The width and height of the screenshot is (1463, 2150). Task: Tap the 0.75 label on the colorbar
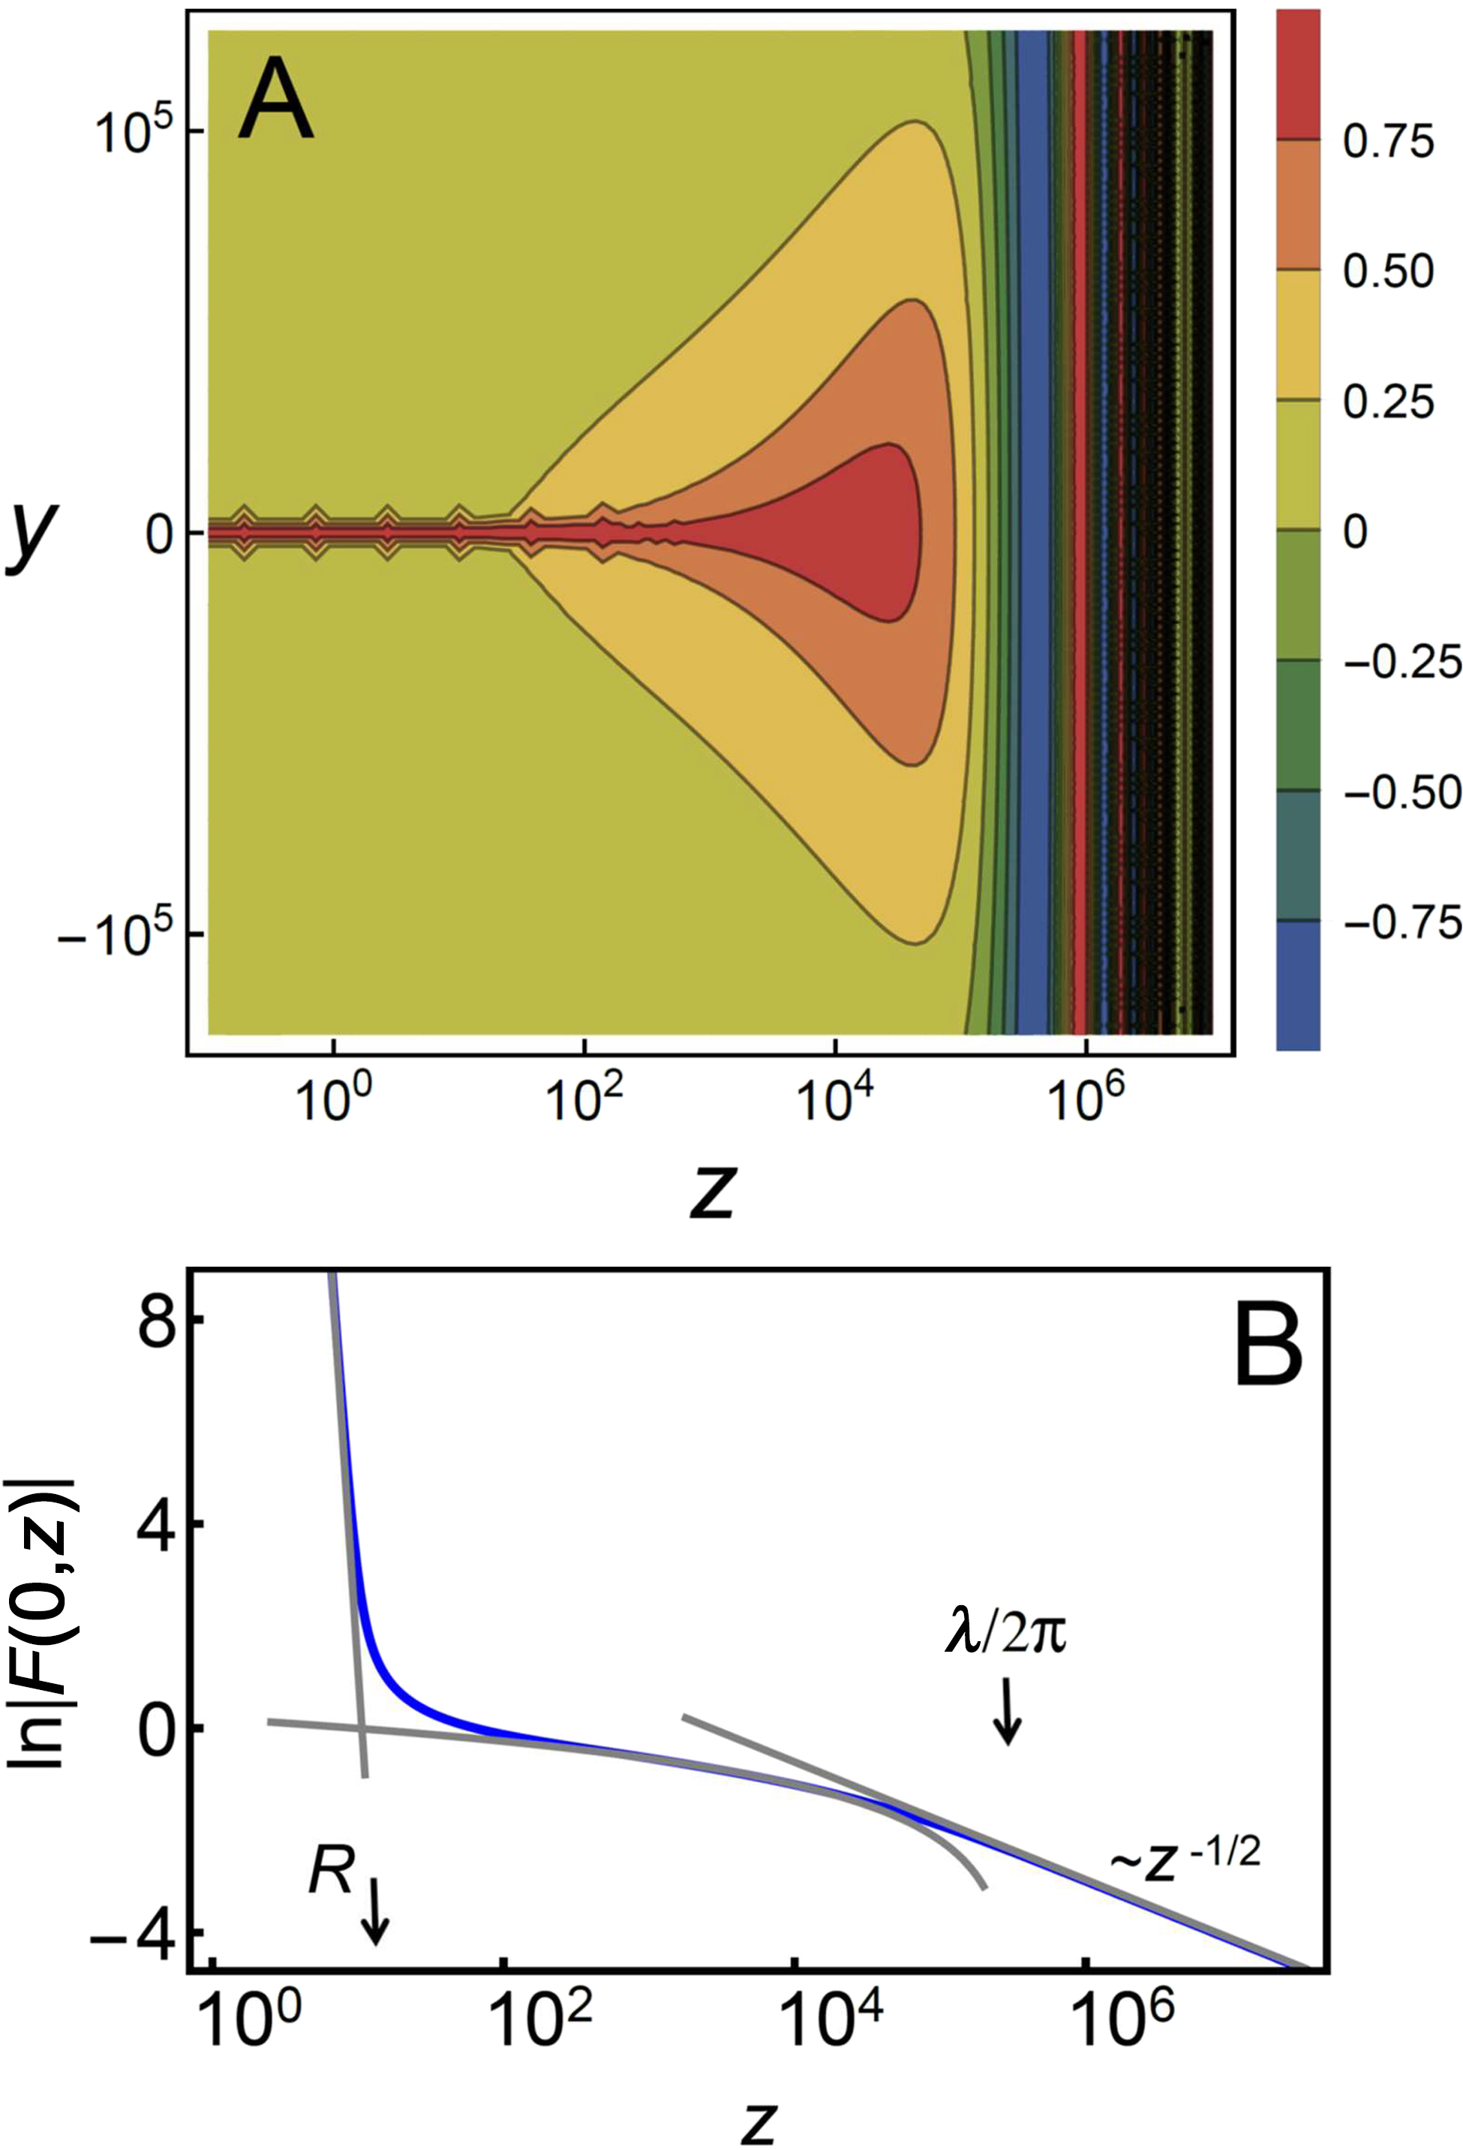click(1387, 142)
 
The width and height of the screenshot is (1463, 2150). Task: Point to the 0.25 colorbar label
click(1387, 401)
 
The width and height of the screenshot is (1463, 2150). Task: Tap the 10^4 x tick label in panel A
click(834, 1101)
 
